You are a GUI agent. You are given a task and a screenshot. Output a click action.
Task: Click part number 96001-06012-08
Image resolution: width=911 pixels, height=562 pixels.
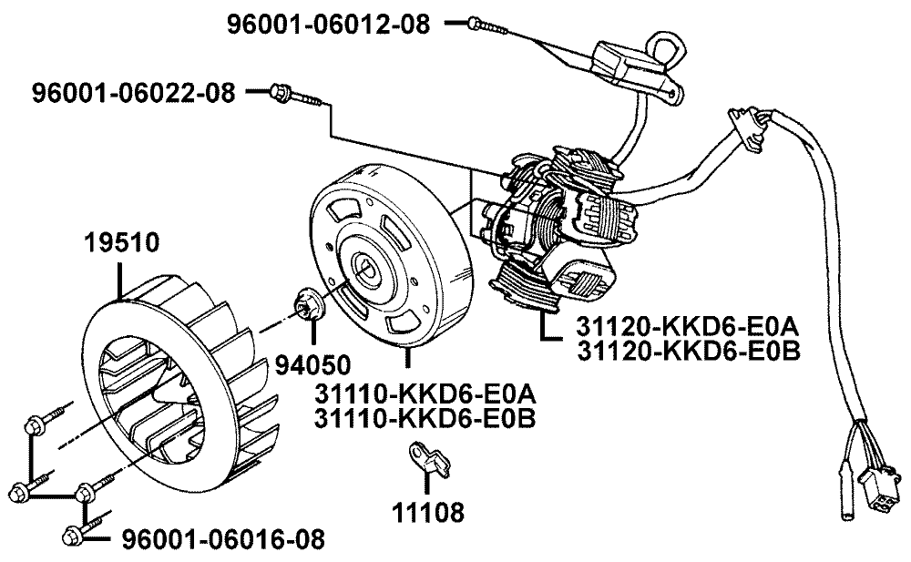328,25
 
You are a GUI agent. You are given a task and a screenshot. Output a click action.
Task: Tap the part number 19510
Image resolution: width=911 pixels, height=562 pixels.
123,243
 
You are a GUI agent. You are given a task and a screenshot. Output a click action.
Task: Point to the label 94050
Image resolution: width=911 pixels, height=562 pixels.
312,365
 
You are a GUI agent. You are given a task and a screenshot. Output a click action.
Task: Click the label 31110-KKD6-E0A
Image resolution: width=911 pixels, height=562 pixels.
424,395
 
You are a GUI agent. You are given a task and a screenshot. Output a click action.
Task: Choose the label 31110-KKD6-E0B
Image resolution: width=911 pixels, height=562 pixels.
424,419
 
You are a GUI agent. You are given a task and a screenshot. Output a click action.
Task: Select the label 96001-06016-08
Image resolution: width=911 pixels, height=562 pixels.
222,540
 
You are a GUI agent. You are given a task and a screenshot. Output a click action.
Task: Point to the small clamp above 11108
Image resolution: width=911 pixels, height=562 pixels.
425,458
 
